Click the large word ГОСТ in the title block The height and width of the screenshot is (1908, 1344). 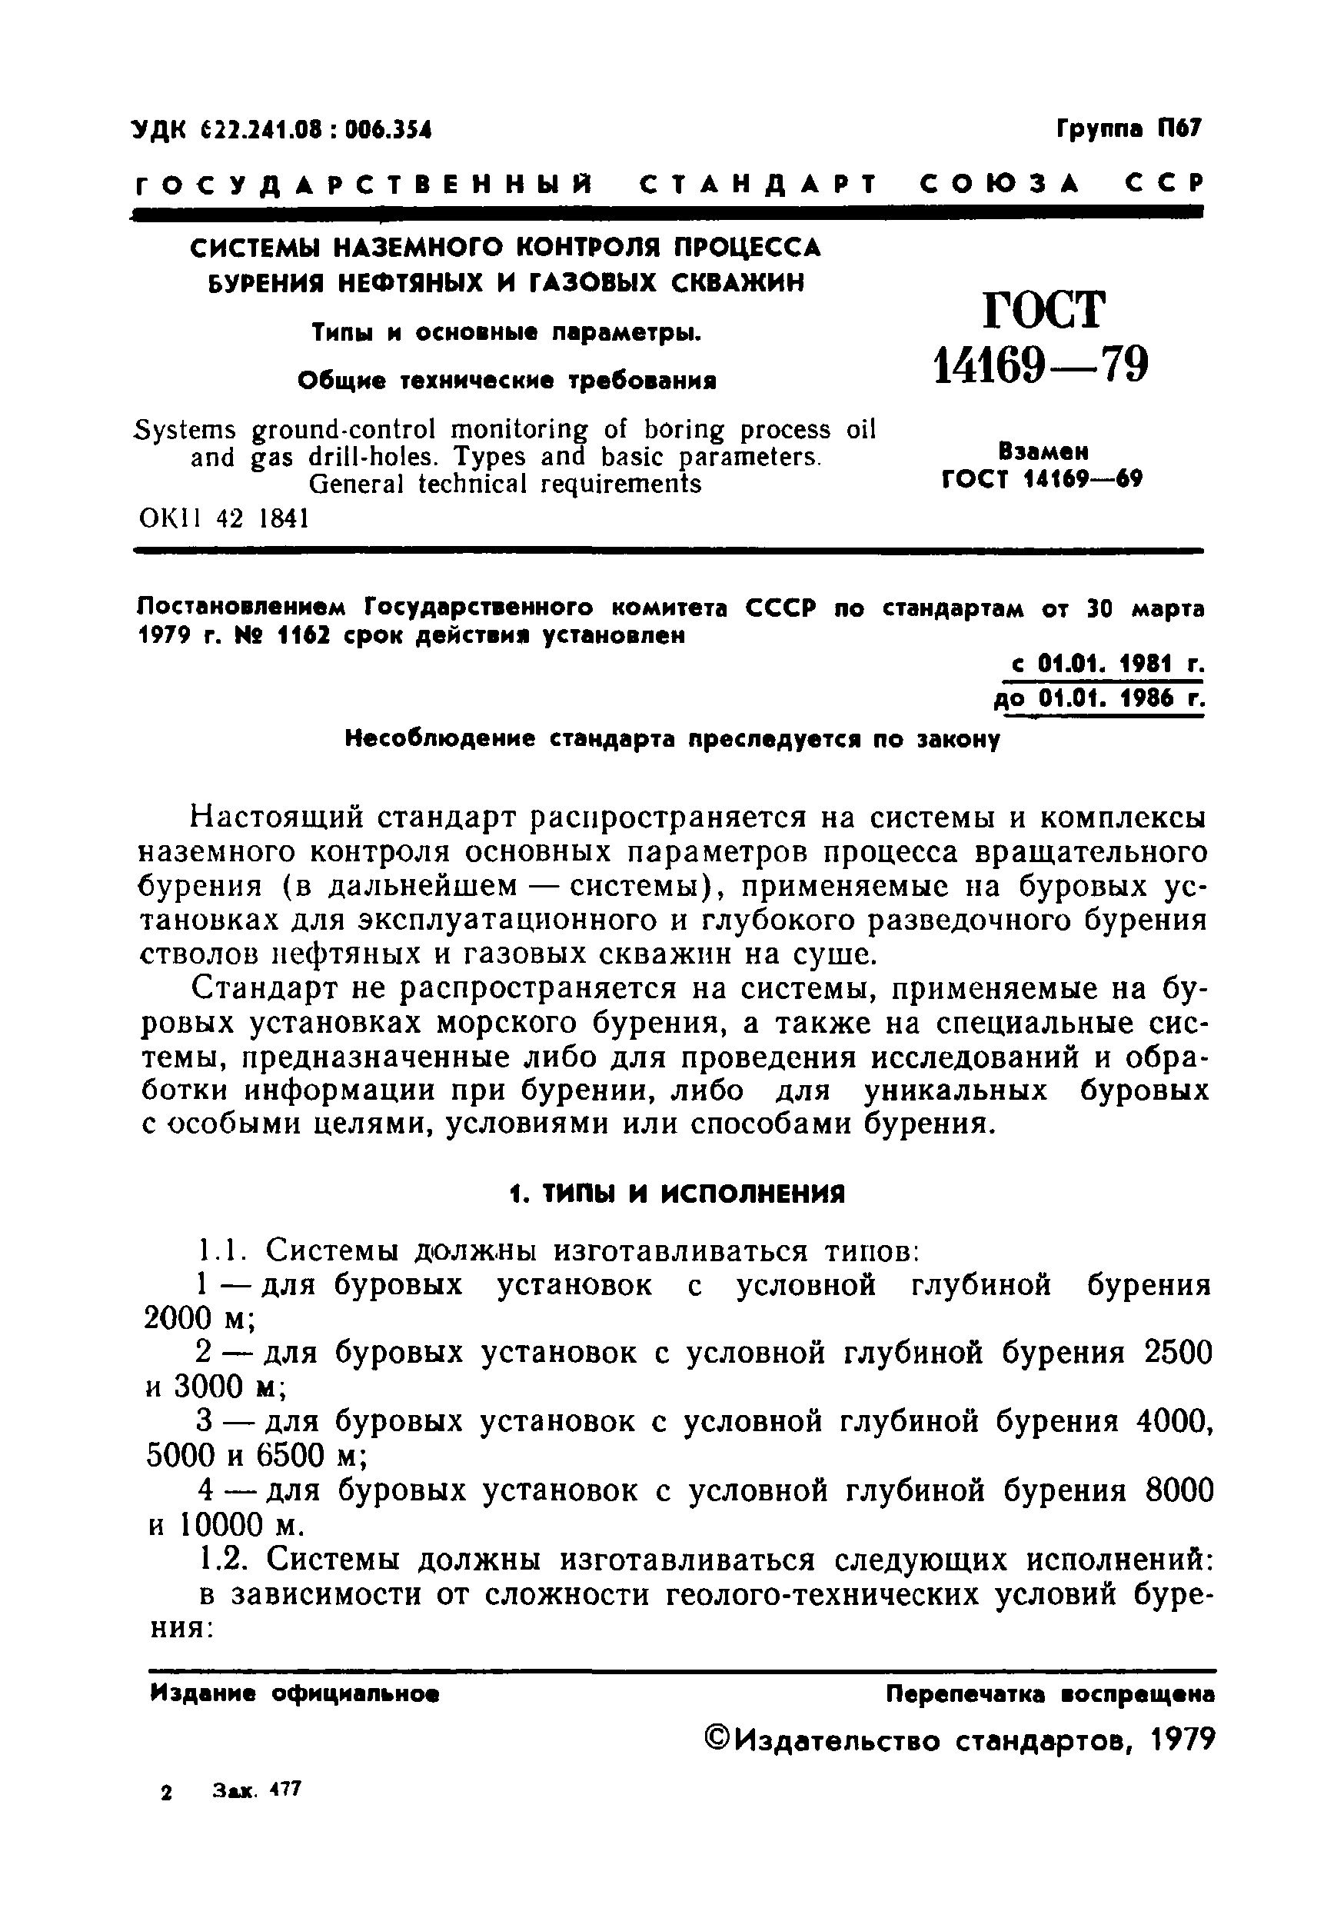click(x=1044, y=310)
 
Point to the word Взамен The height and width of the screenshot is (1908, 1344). click(x=1043, y=452)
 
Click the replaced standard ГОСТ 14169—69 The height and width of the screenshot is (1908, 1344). click(x=1043, y=479)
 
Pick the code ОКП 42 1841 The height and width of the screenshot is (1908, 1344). click(x=225, y=518)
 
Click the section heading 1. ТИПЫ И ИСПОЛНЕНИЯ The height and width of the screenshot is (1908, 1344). click(x=676, y=1194)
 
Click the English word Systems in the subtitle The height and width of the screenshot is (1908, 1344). click(x=185, y=430)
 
